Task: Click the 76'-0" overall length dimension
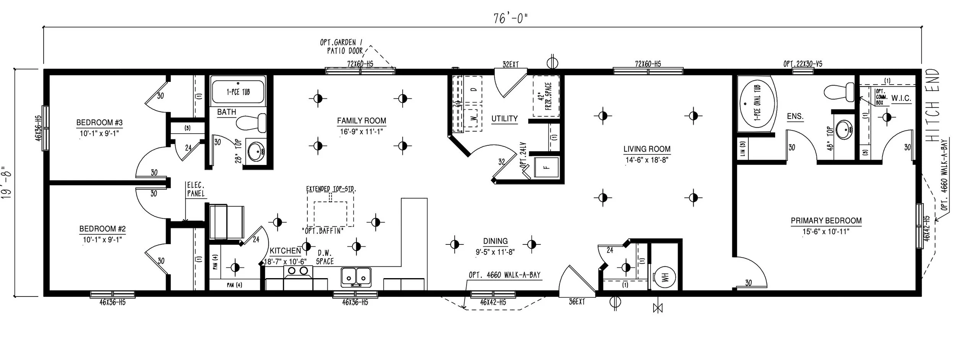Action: point(510,18)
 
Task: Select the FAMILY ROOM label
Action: point(361,121)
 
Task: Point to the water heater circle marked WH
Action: point(665,277)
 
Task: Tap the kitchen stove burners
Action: point(298,271)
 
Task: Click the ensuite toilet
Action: point(839,92)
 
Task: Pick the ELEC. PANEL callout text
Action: point(196,190)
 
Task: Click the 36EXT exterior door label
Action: point(577,302)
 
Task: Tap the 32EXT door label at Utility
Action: point(511,65)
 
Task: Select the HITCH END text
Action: point(933,105)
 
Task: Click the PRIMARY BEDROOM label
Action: point(826,221)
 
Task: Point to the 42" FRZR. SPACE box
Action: point(546,96)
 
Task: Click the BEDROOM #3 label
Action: point(99,123)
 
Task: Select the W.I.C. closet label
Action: point(901,98)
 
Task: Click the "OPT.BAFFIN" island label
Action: point(322,231)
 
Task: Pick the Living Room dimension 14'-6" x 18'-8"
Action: point(647,160)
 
